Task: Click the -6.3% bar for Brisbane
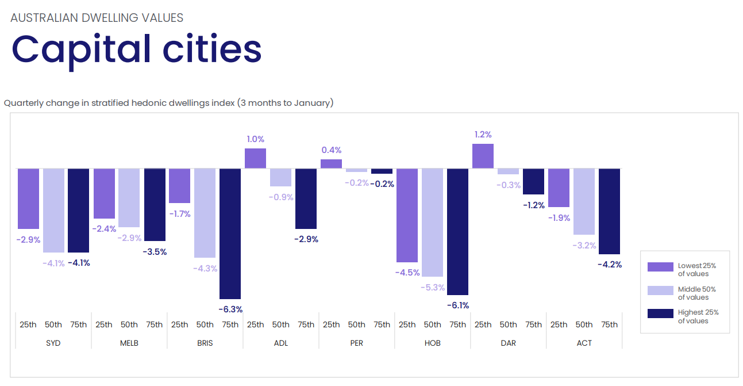click(x=230, y=233)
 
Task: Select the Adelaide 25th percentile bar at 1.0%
click(x=255, y=158)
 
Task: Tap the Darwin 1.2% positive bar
click(x=483, y=156)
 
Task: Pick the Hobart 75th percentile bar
click(x=457, y=231)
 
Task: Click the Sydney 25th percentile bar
click(x=28, y=198)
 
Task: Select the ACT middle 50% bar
click(x=584, y=201)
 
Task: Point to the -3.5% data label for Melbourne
click(x=155, y=251)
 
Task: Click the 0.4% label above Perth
click(x=331, y=150)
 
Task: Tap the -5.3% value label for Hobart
click(x=432, y=287)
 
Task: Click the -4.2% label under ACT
click(x=609, y=265)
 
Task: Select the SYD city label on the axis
click(x=53, y=343)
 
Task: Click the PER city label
click(x=356, y=343)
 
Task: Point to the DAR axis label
click(x=508, y=343)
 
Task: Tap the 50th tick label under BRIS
click(x=205, y=324)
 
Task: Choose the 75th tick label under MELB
click(x=155, y=324)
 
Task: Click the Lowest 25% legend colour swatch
click(x=660, y=267)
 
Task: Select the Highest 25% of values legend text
click(x=698, y=316)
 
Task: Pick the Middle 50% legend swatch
click(x=660, y=291)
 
